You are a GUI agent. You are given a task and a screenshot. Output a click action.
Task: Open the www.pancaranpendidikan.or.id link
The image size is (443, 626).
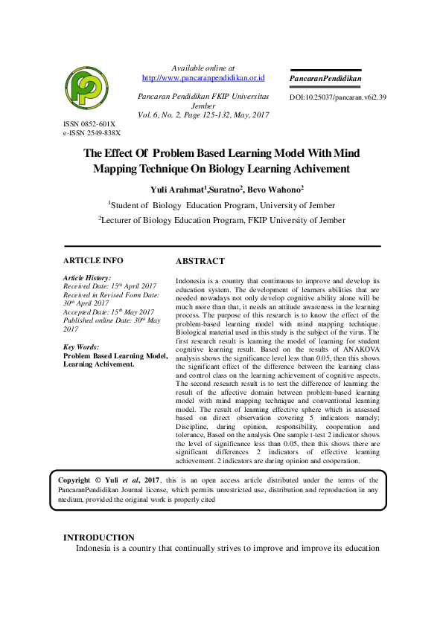(x=203, y=77)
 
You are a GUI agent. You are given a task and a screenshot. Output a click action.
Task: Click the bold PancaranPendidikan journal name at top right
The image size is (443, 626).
(x=325, y=78)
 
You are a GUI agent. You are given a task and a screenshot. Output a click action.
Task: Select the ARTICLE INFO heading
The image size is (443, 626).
(x=93, y=261)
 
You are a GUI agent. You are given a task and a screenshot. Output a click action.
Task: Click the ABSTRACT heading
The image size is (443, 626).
(x=200, y=262)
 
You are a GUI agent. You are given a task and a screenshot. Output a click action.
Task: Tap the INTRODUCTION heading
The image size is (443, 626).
(x=99, y=538)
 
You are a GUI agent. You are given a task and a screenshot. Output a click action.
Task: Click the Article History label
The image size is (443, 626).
(x=87, y=277)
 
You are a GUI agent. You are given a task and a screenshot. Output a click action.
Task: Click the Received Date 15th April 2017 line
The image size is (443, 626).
(x=109, y=285)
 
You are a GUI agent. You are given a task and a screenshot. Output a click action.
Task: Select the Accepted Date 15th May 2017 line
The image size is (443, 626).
(x=109, y=312)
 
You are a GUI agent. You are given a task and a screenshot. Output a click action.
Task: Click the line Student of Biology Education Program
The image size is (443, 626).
(x=221, y=205)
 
